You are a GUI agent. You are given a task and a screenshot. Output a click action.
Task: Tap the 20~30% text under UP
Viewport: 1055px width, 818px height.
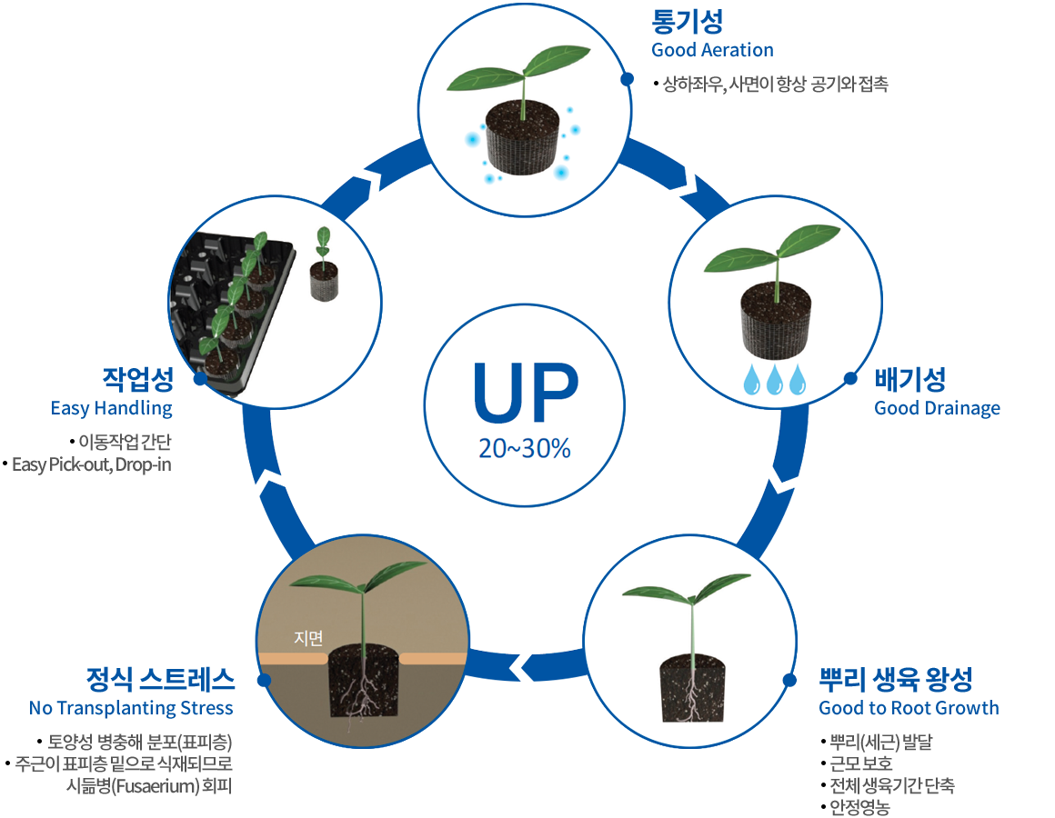tap(525, 448)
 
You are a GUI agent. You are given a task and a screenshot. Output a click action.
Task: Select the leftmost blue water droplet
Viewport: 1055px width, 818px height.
tap(752, 380)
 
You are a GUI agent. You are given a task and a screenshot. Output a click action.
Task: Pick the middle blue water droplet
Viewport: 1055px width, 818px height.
tap(775, 380)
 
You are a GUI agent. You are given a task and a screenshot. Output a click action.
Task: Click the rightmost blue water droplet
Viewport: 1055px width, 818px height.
tap(798, 380)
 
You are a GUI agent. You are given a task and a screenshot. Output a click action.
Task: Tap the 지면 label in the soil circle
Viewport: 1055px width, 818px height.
tap(308, 638)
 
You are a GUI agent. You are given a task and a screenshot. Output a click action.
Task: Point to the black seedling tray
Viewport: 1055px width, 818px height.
tap(232, 309)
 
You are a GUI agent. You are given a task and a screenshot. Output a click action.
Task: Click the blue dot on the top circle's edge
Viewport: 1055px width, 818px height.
tap(627, 80)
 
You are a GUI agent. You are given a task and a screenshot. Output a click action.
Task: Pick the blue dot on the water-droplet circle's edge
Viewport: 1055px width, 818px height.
tap(850, 378)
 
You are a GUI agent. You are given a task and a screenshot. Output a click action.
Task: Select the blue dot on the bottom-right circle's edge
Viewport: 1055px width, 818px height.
tap(789, 680)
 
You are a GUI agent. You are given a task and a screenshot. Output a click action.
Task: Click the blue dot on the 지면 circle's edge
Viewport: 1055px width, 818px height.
tap(264, 680)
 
